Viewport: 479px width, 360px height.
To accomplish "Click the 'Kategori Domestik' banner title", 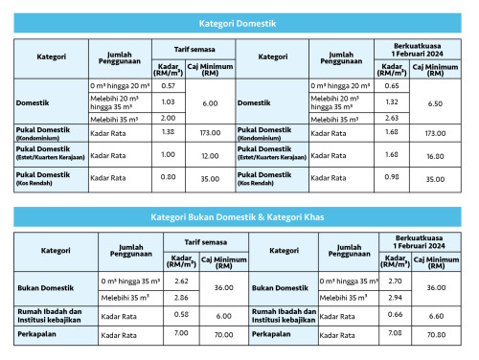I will [239, 20].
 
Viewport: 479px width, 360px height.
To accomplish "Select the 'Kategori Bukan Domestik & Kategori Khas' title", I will [239, 217].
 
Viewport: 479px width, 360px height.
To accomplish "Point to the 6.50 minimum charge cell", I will [434, 101].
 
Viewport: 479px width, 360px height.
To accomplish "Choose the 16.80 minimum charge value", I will [434, 154].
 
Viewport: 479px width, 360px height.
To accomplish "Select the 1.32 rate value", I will [391, 101].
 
